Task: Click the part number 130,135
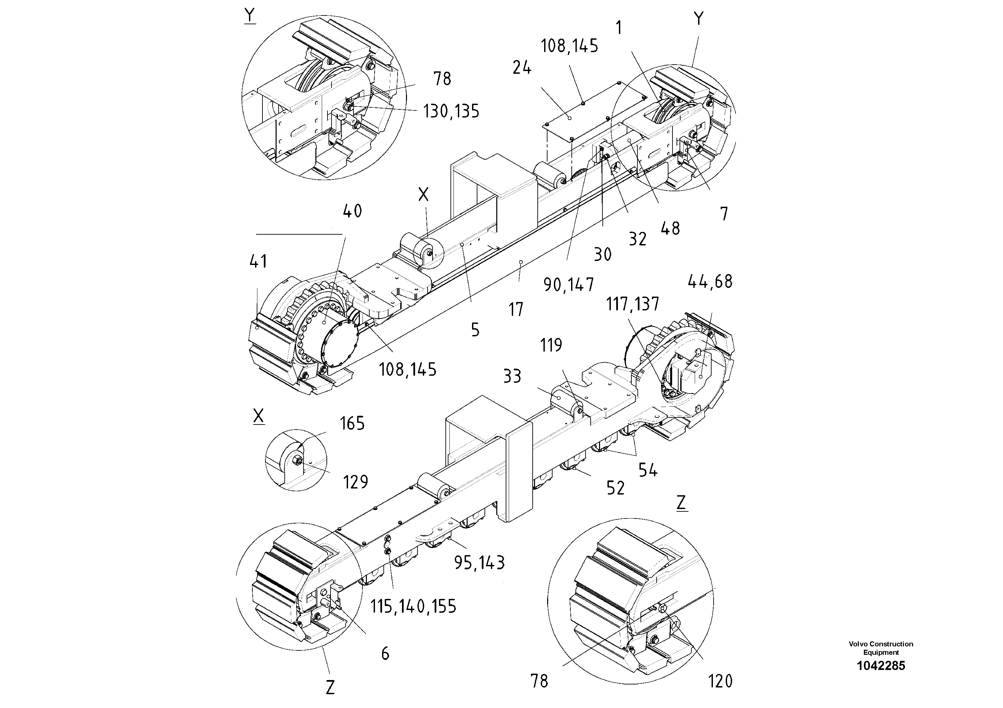451,112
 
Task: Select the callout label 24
522,68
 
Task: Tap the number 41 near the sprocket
258,262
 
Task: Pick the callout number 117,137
632,304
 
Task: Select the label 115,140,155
413,606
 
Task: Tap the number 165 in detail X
352,424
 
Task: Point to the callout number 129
355,482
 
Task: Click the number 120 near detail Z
720,681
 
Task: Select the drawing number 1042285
881,666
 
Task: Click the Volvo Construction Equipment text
881,648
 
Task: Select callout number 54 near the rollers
648,471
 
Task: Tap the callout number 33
512,376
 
